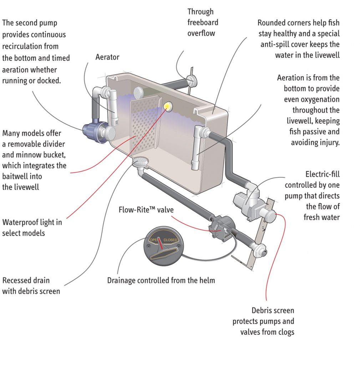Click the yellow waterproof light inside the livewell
click(x=167, y=106)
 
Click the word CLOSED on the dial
click(x=170, y=240)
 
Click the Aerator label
click(x=107, y=57)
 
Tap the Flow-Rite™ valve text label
click(x=146, y=210)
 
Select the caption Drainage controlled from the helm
click(x=161, y=280)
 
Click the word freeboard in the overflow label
click(x=203, y=22)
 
